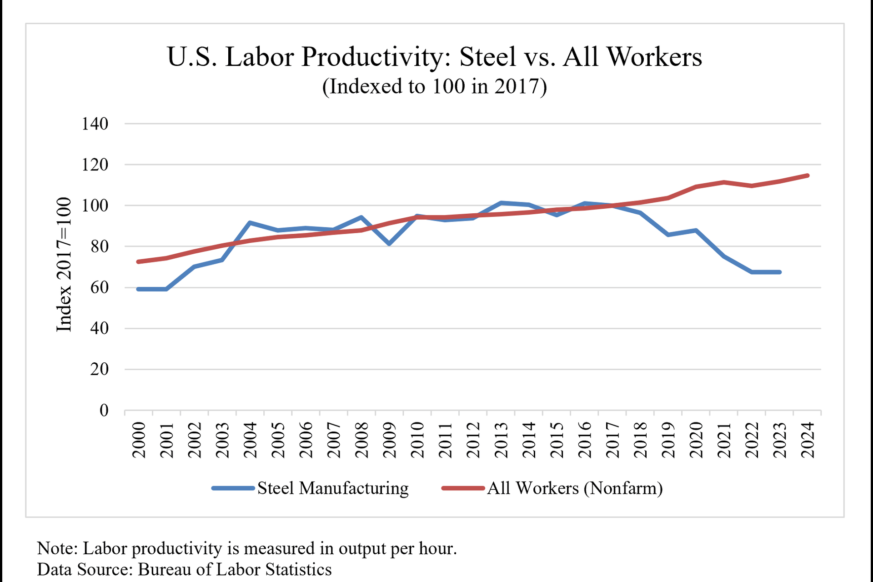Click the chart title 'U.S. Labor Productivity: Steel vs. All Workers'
(435, 57)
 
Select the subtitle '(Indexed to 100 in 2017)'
(435, 86)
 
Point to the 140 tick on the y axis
(95, 124)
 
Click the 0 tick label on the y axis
(104, 410)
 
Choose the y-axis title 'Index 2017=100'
(64, 265)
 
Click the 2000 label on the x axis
(139, 440)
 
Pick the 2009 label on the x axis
(390, 440)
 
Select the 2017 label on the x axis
(612, 440)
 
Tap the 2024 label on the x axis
(808, 440)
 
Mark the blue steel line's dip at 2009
(389, 244)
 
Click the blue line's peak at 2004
(250, 222)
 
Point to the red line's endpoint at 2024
(808, 176)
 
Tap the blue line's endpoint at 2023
(780, 272)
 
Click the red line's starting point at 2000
(138, 261)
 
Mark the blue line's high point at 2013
(501, 203)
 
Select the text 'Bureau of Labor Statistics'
(235, 569)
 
